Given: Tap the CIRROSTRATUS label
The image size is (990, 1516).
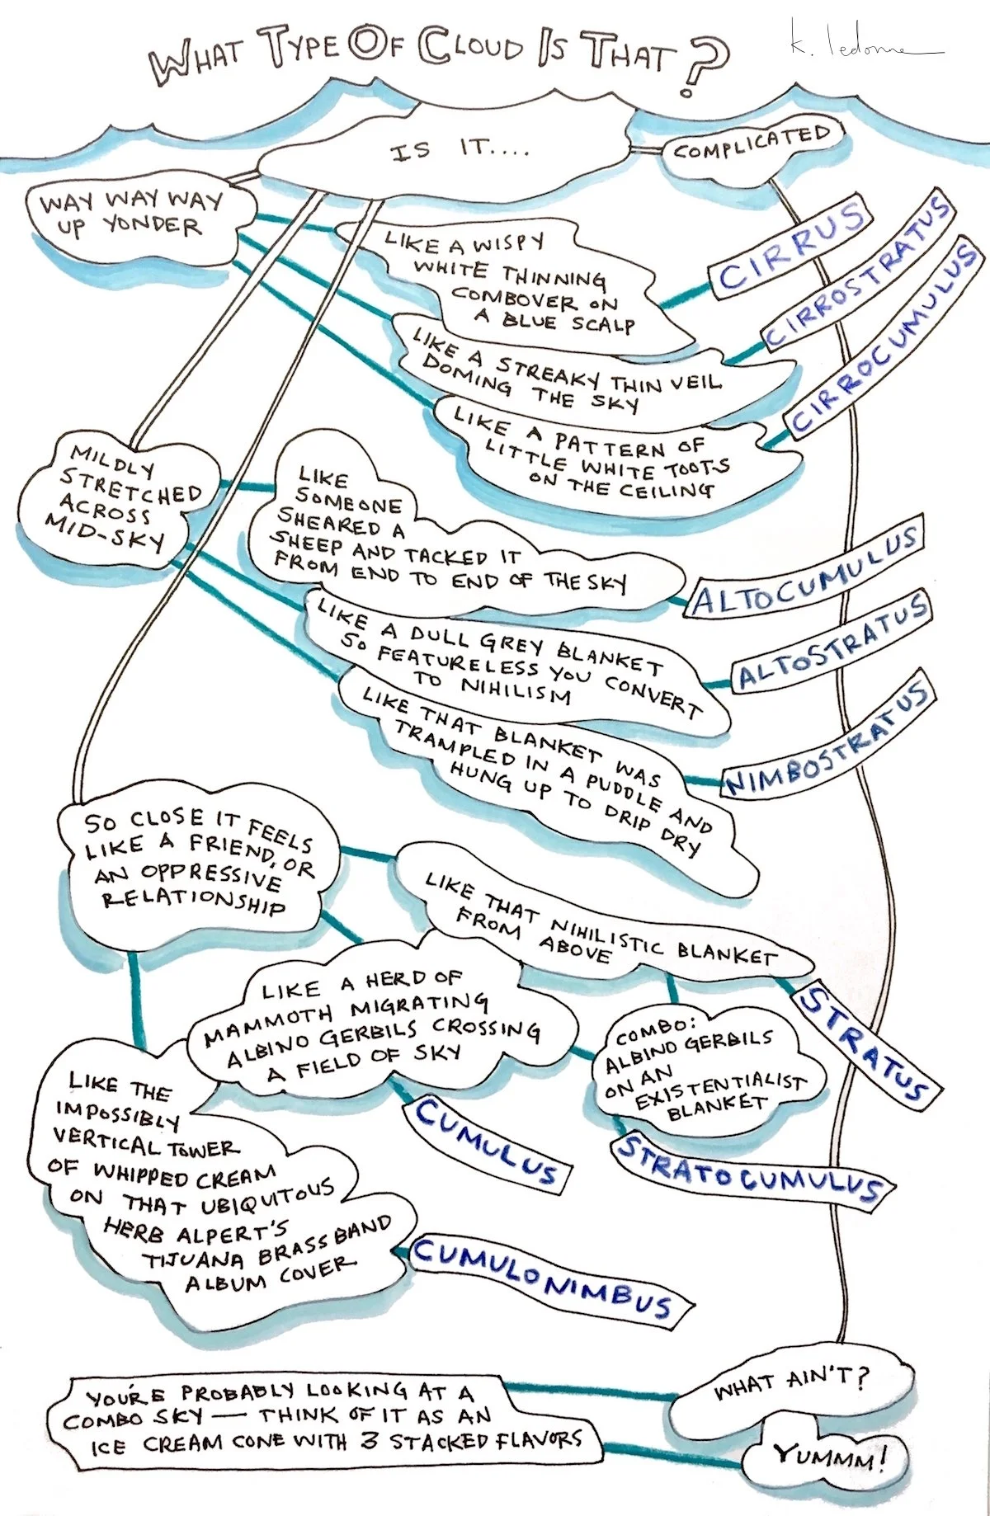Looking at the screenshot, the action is (858, 272).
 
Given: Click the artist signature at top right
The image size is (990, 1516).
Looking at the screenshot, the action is (858, 45).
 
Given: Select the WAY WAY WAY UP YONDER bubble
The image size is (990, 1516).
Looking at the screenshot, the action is (132, 214).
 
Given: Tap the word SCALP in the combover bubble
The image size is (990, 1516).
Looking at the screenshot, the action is (602, 323).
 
